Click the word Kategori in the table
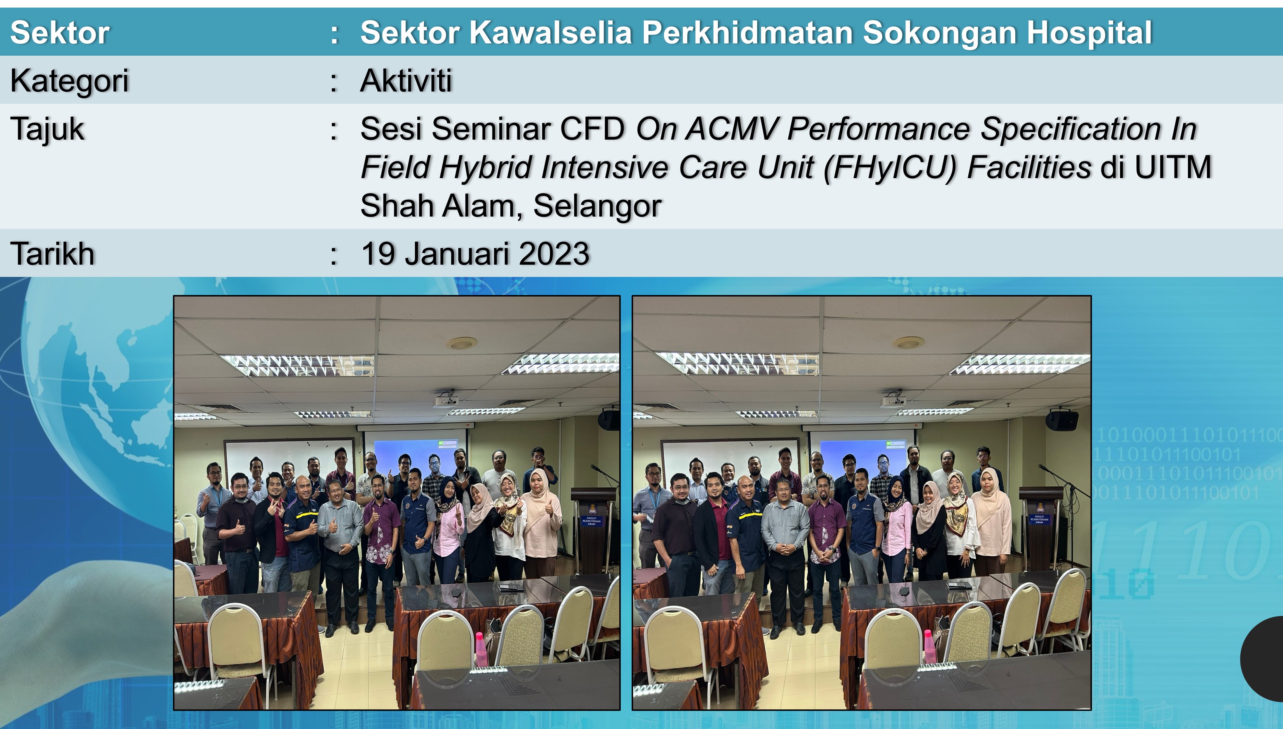70,81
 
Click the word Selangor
597,206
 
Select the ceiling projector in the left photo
446,399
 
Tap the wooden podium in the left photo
594,531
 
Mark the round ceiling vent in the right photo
908,343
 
